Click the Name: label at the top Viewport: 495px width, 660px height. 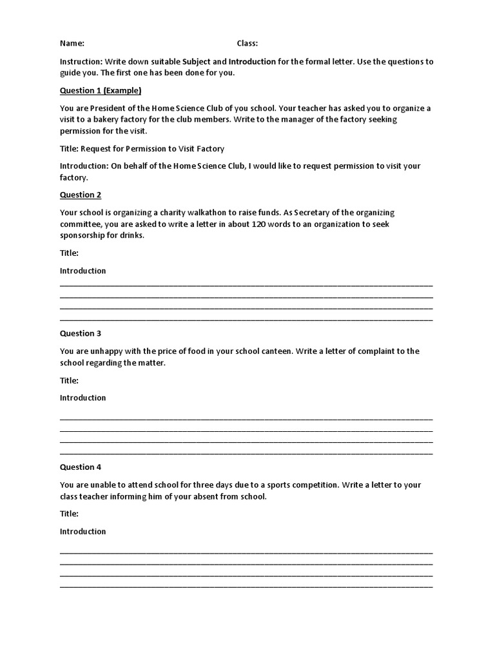72,43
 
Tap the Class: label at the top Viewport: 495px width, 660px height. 247,43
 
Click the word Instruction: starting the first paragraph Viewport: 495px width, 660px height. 81,62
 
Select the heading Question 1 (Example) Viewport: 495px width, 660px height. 101,90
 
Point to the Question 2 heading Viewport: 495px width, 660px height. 81,195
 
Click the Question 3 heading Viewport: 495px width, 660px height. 81,333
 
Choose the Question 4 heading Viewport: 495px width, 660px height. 81,467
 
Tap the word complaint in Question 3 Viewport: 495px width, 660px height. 360,351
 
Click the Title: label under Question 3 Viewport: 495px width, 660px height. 69,380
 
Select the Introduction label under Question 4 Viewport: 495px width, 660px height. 82,531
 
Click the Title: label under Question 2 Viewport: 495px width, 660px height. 69,253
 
